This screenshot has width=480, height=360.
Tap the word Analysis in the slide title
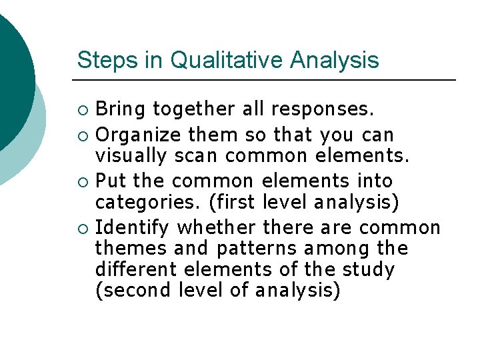pyautogui.click(x=334, y=60)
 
